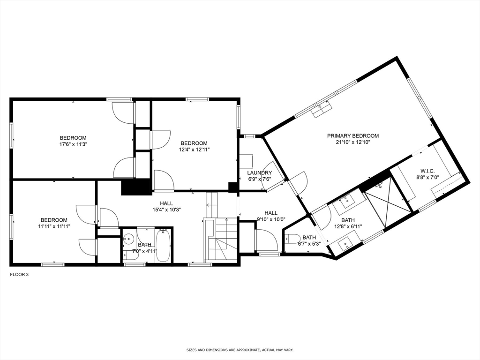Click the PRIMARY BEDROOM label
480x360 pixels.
pos(352,136)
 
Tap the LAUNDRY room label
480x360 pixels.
pos(260,173)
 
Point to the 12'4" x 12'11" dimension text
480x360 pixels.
pos(194,150)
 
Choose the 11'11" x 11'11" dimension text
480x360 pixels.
pos(53,226)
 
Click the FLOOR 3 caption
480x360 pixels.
pos(20,275)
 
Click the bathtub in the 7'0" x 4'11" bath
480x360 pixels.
pos(163,245)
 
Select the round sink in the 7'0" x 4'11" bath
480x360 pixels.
pos(128,239)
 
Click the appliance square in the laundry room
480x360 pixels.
pos(246,161)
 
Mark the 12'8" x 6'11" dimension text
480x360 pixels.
pos(348,226)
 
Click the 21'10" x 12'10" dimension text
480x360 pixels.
pos(352,142)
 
